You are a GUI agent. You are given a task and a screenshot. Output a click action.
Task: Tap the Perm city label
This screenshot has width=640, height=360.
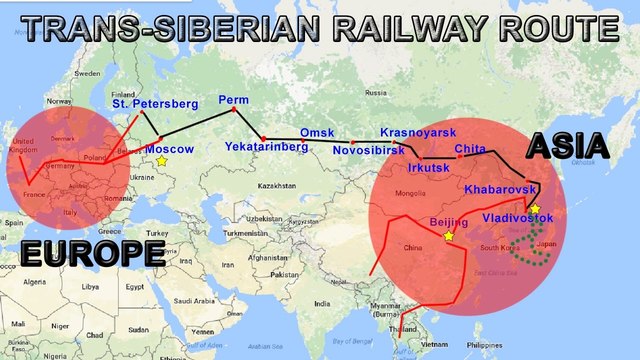tap(233, 101)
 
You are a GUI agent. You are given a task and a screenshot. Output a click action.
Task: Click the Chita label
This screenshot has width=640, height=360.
tap(470, 149)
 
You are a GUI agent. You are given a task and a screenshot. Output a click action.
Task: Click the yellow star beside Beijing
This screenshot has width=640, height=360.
tap(449, 236)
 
